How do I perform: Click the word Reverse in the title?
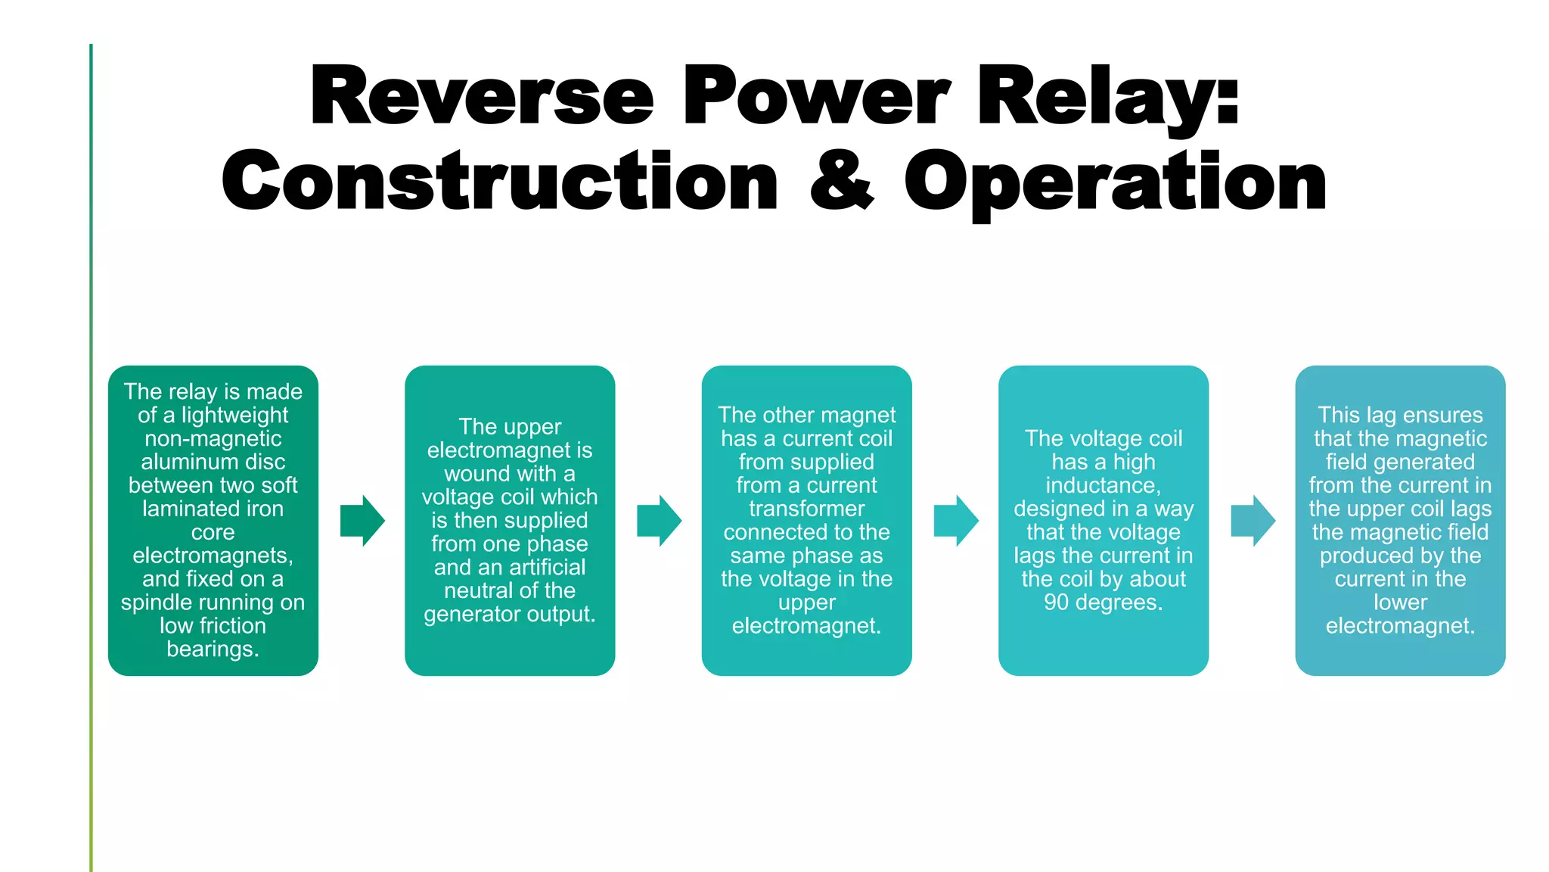click(x=482, y=96)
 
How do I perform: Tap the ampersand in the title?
click(x=841, y=181)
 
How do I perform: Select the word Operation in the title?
click(x=1115, y=182)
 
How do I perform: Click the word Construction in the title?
click(x=499, y=181)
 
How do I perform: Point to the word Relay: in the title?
click(x=1107, y=96)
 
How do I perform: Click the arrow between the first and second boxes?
click(x=362, y=521)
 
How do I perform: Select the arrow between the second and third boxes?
click(x=659, y=521)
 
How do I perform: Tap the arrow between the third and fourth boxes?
click(x=956, y=521)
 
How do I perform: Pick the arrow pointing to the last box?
click(x=1253, y=521)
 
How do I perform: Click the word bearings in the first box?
click(x=211, y=649)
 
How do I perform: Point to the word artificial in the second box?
click(x=546, y=567)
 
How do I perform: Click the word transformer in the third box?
click(x=806, y=509)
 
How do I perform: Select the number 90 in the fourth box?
click(x=1056, y=603)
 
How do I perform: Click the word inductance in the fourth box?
click(x=1101, y=485)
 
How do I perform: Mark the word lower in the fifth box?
click(x=1400, y=603)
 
